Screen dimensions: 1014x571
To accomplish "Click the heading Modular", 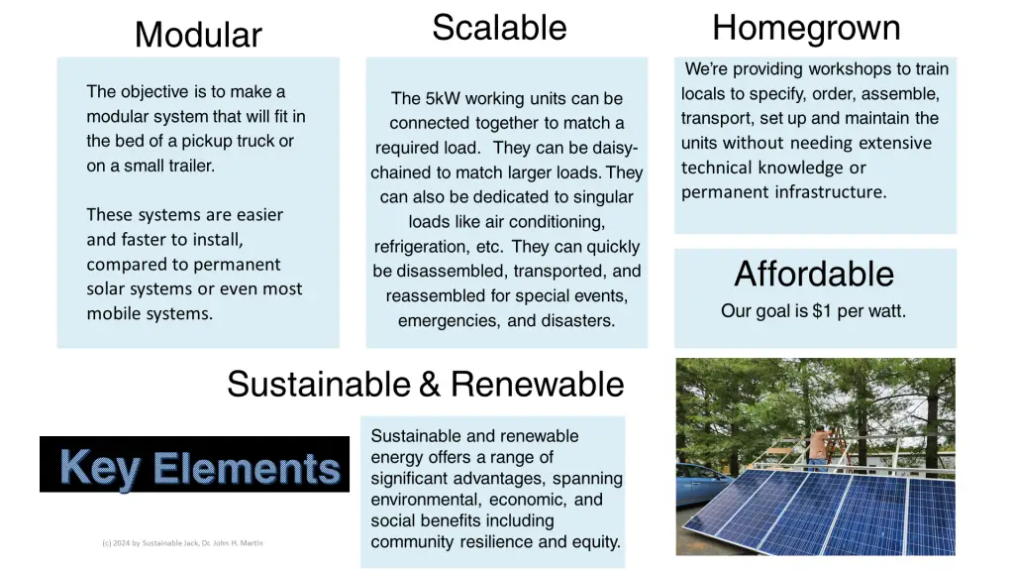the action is tap(198, 35).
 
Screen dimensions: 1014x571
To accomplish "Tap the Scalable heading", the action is tap(499, 28).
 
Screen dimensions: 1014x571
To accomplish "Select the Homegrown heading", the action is tap(806, 29).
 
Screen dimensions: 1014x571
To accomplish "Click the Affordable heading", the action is tap(814, 274).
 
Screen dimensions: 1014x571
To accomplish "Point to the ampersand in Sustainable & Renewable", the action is tap(430, 384).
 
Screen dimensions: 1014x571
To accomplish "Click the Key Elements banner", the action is tap(195, 464).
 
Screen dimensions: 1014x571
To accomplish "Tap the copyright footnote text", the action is tap(182, 543).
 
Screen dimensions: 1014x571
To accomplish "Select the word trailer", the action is tap(191, 166).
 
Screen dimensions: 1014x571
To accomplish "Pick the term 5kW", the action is tap(443, 98).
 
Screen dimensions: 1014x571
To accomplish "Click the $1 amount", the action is tap(821, 311).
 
